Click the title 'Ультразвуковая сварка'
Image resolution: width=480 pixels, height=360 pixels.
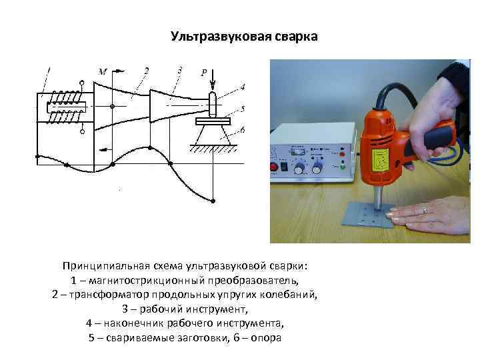point(245,34)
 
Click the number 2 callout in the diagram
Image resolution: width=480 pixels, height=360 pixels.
point(146,69)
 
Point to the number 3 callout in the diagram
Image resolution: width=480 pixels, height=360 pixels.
point(179,69)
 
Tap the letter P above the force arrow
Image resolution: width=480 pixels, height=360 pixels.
point(203,73)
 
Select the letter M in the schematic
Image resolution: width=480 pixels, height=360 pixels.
point(102,71)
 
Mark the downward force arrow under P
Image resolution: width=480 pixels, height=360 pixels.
point(212,84)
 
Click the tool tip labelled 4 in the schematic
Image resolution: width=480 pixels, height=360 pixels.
point(212,103)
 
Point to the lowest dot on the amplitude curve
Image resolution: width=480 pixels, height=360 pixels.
point(212,201)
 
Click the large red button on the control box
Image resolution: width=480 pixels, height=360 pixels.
point(273,167)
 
